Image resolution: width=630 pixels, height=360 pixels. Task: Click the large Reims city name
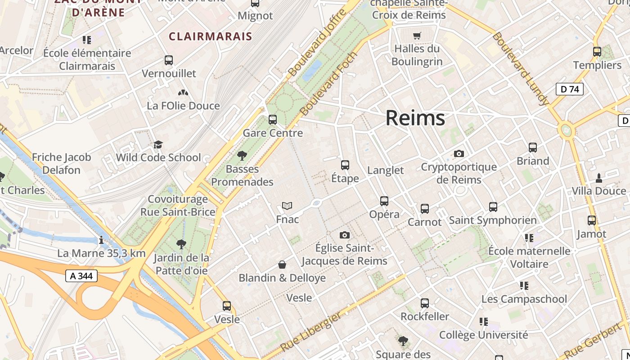pyautogui.click(x=415, y=118)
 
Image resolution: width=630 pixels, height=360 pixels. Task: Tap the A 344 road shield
pyautogui.click(x=81, y=276)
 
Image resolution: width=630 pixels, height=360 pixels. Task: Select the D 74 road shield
pyautogui.click(x=569, y=89)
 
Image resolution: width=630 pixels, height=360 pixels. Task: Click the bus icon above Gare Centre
pyautogui.click(x=273, y=120)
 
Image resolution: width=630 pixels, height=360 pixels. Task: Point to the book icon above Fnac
pyautogui.click(x=287, y=206)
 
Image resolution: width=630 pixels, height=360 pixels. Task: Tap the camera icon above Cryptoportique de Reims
pyautogui.click(x=459, y=153)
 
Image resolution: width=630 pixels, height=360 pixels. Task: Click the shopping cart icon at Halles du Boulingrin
pyautogui.click(x=417, y=35)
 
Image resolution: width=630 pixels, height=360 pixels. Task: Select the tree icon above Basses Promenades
pyautogui.click(x=242, y=156)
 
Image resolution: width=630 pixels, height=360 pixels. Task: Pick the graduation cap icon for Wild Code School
pyautogui.click(x=158, y=144)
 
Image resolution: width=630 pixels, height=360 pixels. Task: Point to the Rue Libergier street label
pyautogui.click(x=310, y=332)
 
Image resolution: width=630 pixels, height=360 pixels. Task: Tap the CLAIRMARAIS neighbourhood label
pyautogui.click(x=210, y=36)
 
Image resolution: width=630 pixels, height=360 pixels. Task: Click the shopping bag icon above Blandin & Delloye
pyautogui.click(x=282, y=265)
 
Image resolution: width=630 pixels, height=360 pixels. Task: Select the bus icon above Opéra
pyautogui.click(x=384, y=201)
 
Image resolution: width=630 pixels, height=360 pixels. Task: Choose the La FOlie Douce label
pyautogui.click(x=183, y=106)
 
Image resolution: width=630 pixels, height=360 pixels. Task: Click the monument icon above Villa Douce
pyautogui.click(x=598, y=178)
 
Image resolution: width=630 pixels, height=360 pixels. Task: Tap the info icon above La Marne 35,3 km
pyautogui.click(x=101, y=240)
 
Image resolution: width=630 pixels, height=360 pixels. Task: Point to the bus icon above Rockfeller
pyautogui.click(x=425, y=303)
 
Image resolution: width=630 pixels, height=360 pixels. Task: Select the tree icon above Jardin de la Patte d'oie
pyautogui.click(x=181, y=244)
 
